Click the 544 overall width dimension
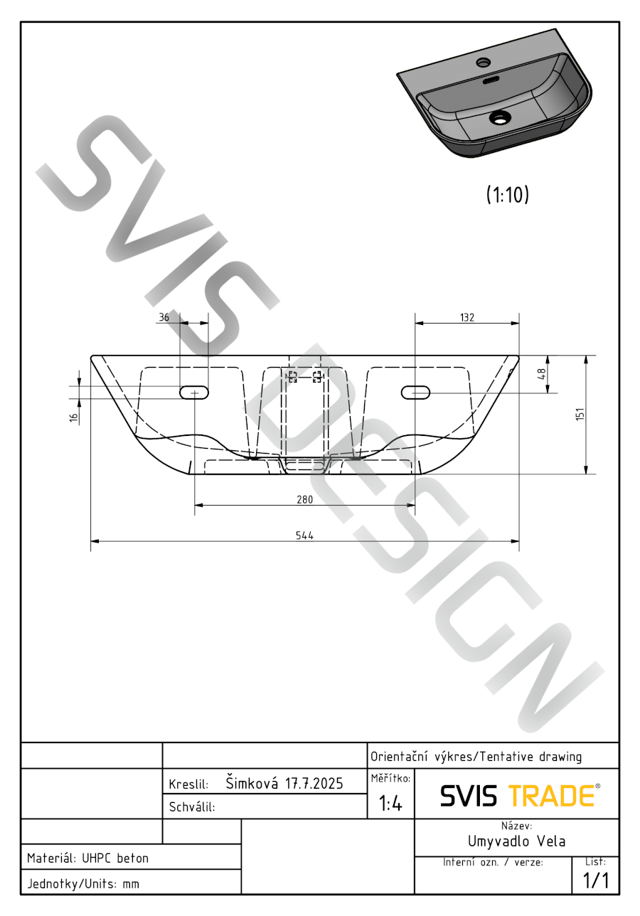click(x=304, y=536)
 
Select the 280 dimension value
click(x=304, y=500)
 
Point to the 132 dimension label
click(x=467, y=318)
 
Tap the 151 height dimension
click(x=580, y=414)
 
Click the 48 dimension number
click(x=541, y=374)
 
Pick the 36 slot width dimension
click(x=164, y=317)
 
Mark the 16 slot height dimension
click(x=74, y=417)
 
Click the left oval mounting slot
click(x=194, y=393)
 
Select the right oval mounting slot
click(x=415, y=393)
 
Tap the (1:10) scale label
click(x=508, y=195)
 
